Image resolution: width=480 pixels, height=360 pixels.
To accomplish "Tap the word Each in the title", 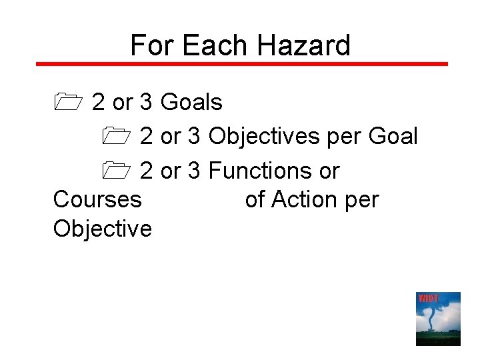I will (208, 45).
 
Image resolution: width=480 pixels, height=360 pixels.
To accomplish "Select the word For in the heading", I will (151, 45).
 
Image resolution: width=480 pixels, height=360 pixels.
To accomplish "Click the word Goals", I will (191, 103).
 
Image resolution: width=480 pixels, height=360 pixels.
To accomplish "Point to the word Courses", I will (97, 199).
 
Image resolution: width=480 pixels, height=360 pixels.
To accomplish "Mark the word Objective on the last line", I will (102, 229).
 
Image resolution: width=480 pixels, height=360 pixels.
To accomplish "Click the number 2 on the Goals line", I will (98, 103).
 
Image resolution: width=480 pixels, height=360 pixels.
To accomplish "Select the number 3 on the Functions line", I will (194, 171).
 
